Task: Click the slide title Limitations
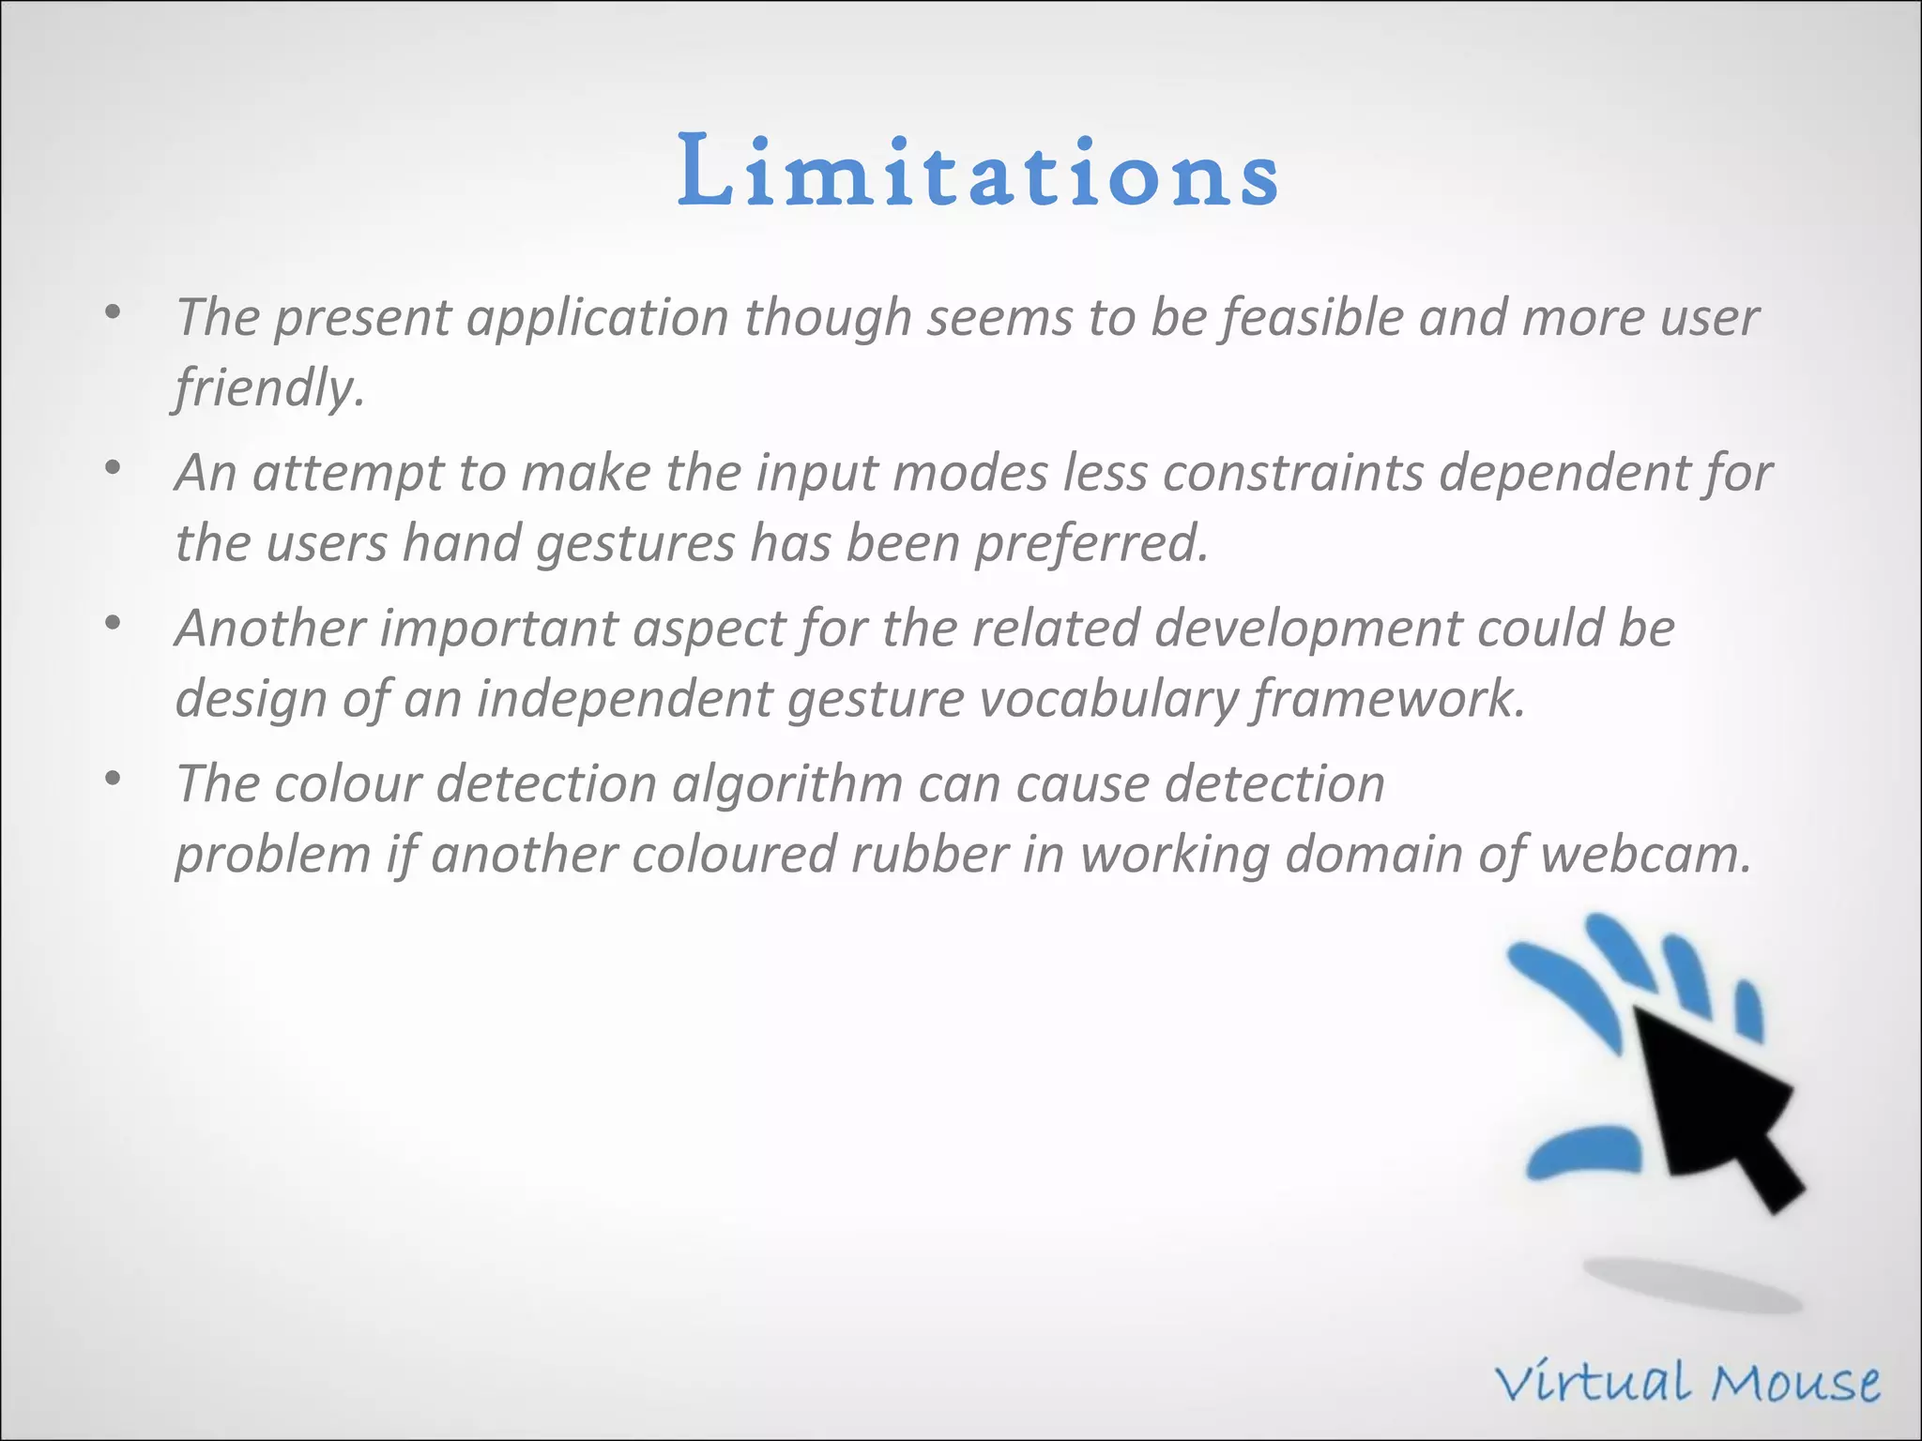point(977,172)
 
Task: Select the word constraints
point(1293,472)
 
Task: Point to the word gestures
point(634,543)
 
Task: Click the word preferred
point(1091,543)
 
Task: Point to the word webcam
point(1645,855)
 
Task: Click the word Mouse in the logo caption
point(1794,1383)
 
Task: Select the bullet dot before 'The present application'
point(114,311)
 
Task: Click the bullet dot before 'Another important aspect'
point(114,622)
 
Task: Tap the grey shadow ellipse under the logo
point(1692,1285)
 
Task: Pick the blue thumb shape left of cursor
point(1583,1153)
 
